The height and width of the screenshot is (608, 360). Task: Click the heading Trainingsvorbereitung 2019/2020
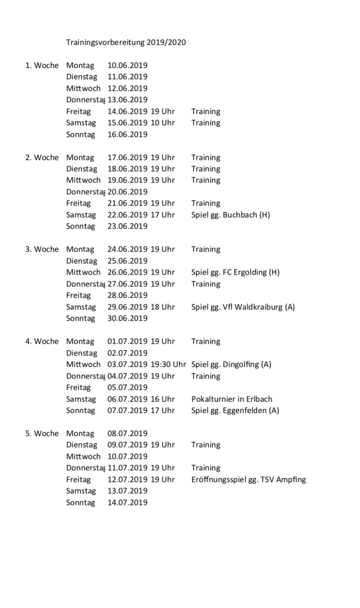point(126,42)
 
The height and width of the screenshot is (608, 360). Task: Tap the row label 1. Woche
point(42,65)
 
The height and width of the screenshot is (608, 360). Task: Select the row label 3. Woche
point(42,249)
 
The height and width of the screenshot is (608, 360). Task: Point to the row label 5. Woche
point(42,433)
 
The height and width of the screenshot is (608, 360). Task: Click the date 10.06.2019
point(127,65)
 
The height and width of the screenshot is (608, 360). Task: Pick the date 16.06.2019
point(127,134)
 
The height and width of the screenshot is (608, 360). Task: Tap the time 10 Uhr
point(163,123)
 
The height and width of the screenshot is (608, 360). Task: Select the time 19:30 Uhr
point(168,364)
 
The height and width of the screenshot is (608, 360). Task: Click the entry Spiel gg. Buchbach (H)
point(230,215)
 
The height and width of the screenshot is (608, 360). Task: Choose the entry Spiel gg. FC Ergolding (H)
point(235,272)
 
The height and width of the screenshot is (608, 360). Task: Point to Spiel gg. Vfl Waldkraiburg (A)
point(243,307)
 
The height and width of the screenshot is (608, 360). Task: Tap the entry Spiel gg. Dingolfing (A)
point(231,364)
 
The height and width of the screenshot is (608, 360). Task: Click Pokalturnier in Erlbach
point(232,399)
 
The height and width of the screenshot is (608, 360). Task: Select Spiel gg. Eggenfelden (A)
point(235,410)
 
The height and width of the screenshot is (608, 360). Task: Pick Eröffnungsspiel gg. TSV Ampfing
point(248,479)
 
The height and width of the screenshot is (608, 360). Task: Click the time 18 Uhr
point(163,307)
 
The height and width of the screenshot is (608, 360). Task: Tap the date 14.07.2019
point(127,502)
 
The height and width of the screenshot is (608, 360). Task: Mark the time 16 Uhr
point(163,399)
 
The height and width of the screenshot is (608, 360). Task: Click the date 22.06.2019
point(127,215)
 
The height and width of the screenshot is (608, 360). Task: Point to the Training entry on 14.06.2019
point(206,111)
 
